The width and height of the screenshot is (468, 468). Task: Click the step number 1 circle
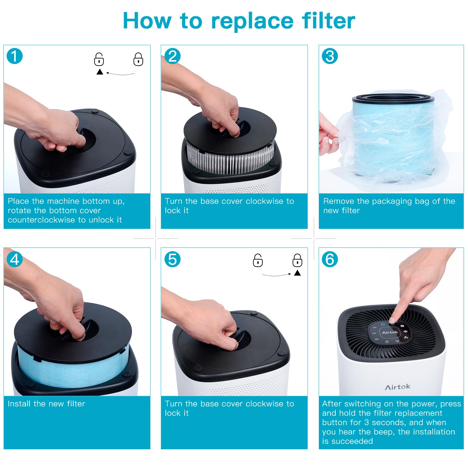click(14, 56)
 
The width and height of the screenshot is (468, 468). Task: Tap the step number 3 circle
click(330, 56)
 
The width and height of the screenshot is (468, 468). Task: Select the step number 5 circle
click(172, 259)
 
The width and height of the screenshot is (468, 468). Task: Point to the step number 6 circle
click(330, 259)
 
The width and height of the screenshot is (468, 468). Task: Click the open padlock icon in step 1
click(99, 59)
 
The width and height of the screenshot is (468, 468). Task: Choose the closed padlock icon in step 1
click(138, 59)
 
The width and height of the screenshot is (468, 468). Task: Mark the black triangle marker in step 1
click(100, 72)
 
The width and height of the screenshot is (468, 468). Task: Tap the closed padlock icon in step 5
click(297, 260)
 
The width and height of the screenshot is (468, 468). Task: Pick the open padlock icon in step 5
click(258, 260)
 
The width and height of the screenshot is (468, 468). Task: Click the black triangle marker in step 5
click(297, 273)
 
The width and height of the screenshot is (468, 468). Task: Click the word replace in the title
click(252, 21)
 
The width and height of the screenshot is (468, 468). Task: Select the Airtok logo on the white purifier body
click(397, 387)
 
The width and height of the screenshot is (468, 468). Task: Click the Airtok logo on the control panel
click(390, 332)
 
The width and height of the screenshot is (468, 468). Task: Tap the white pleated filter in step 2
click(229, 159)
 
